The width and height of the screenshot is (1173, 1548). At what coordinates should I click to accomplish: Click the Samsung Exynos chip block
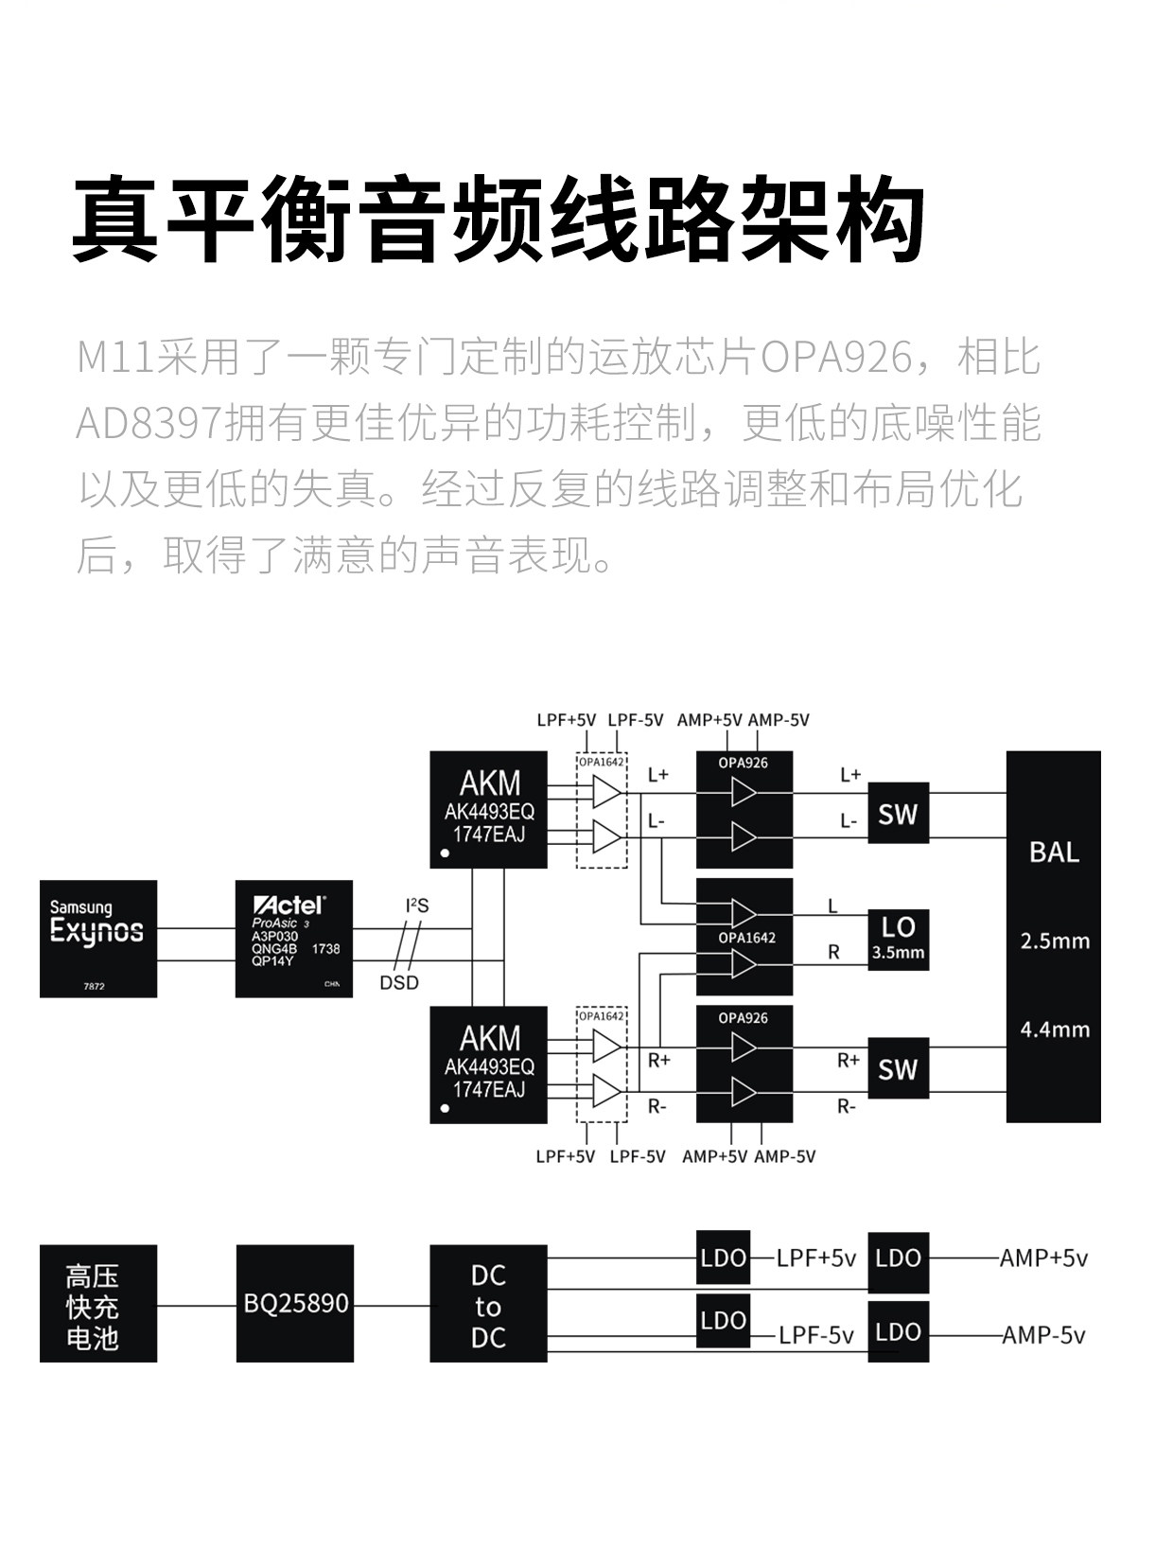(x=98, y=939)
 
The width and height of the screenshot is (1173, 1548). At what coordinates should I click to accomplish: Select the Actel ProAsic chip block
(x=294, y=939)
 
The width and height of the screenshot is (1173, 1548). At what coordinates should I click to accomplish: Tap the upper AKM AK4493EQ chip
(x=488, y=810)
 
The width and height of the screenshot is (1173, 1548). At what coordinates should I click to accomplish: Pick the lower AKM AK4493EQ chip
(x=488, y=1064)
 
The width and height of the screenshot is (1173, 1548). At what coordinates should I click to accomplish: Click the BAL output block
(x=1053, y=937)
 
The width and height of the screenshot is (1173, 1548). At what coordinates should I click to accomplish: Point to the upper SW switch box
(x=898, y=814)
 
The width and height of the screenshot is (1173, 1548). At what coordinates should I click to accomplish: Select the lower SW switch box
(x=898, y=1069)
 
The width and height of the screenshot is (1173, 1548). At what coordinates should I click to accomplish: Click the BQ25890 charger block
(x=294, y=1303)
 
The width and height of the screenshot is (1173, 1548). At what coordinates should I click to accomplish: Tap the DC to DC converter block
(x=488, y=1304)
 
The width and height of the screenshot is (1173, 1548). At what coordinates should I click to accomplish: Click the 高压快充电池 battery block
(x=98, y=1304)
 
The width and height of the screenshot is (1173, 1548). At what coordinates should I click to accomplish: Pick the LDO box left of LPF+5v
(x=724, y=1258)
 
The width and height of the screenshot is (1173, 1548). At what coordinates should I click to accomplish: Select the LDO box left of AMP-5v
(x=898, y=1332)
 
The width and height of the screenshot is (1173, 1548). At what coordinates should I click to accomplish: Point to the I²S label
(x=416, y=906)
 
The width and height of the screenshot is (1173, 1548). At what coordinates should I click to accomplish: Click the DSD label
(x=399, y=982)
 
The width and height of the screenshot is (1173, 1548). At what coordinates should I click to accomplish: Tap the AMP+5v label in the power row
(x=1043, y=1258)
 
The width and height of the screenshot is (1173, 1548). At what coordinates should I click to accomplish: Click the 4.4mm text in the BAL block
(x=1055, y=1029)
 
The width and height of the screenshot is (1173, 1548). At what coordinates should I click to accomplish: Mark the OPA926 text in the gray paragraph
(x=836, y=359)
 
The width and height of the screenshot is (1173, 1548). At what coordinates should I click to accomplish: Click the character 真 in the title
(x=115, y=220)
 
